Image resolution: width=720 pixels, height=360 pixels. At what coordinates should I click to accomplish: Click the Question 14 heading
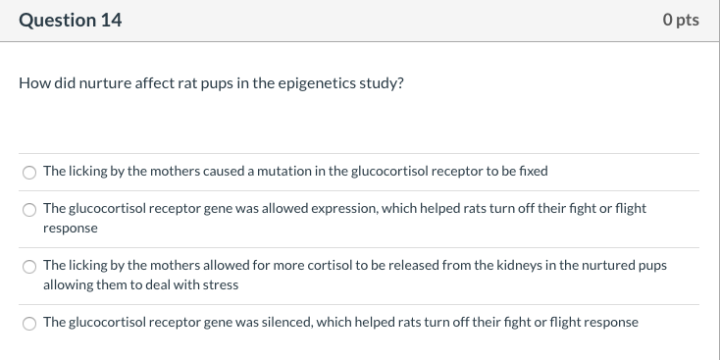71,20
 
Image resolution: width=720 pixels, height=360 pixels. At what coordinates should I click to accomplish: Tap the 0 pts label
680,20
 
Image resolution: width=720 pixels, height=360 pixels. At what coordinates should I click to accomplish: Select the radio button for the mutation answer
29,173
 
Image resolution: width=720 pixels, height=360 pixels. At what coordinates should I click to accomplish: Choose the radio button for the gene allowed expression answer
29,209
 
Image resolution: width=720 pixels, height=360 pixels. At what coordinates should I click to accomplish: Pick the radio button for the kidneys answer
29,267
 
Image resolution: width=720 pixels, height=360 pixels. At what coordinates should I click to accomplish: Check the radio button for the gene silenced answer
29,323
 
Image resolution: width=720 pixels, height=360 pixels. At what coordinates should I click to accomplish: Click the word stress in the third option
221,284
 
